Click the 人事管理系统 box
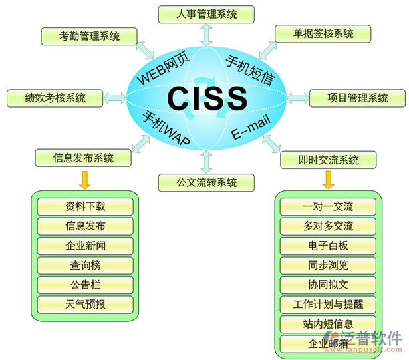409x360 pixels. click(207, 13)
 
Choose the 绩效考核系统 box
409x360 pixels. click(55, 98)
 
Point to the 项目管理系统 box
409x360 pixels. click(358, 98)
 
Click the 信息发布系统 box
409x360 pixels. click(84, 158)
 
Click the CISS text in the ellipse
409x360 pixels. click(207, 98)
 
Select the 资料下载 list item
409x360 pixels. click(85, 206)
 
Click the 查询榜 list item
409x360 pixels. click(85, 265)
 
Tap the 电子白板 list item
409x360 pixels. click(328, 246)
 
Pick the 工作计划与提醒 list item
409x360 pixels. click(328, 305)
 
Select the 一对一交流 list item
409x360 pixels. click(328, 207)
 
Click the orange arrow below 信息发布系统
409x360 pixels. click(84, 180)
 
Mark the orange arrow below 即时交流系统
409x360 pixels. click(329, 180)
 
